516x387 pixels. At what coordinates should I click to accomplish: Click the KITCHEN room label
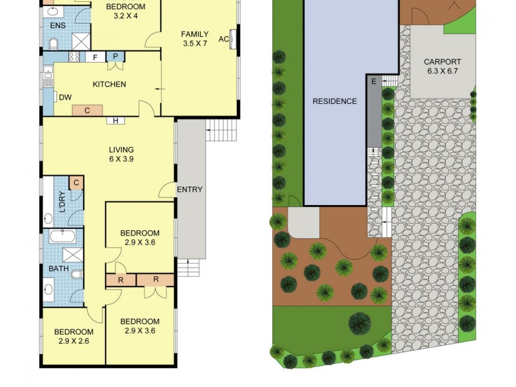point(109,84)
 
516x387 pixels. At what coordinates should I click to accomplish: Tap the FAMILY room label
point(194,34)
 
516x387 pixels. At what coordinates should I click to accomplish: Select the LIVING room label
point(121,150)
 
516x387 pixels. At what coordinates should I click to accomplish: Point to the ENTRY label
point(190,190)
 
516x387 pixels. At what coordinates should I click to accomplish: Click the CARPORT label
point(441,63)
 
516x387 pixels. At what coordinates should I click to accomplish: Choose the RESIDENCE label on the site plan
point(334,101)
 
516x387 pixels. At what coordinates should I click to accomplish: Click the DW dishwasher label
point(65,97)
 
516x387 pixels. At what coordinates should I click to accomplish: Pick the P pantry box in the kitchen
point(115,57)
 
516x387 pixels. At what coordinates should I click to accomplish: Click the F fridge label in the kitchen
point(95,57)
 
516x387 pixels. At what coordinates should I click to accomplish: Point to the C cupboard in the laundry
point(76,183)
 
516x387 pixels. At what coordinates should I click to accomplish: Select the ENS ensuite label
point(58,26)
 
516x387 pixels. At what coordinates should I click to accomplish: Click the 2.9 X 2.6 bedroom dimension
point(74,341)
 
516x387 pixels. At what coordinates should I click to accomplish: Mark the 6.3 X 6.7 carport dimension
point(441,72)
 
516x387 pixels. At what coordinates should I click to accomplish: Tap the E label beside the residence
point(373,81)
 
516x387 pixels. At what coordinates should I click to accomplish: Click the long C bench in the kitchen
point(86,110)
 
